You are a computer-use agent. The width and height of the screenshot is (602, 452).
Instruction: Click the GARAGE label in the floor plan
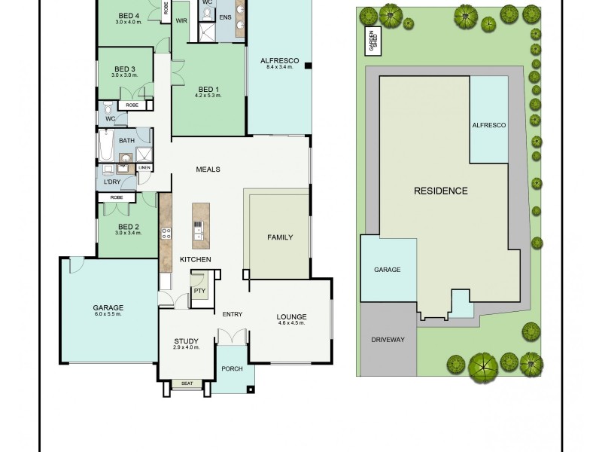(108, 307)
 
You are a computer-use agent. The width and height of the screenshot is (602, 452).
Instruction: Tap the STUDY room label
(186, 341)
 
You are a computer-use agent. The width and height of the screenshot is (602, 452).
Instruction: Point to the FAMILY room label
(280, 237)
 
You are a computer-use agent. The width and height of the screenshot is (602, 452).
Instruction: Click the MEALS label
(208, 169)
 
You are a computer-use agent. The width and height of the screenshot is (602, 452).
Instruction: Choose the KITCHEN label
(195, 260)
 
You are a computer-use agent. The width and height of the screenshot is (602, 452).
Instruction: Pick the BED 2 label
(128, 227)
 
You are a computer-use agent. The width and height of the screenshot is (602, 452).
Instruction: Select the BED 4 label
(129, 16)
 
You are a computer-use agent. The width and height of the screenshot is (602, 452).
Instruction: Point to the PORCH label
(232, 369)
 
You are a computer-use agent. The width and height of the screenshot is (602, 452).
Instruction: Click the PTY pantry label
(199, 290)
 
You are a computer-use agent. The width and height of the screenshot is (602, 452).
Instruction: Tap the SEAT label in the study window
(186, 383)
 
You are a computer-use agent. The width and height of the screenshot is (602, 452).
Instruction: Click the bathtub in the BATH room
(105, 145)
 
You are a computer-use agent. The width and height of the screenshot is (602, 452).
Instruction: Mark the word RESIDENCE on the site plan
(441, 191)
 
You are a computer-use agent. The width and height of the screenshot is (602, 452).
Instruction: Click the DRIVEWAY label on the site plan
(388, 340)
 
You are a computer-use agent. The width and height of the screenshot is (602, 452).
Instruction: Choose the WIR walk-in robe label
(181, 20)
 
